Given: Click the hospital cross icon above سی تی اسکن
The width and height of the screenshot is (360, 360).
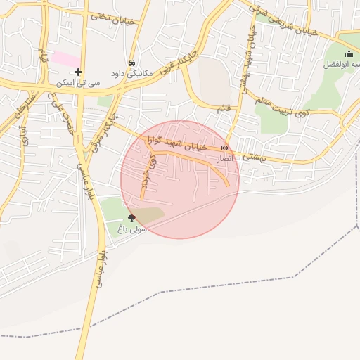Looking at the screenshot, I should pos(78,72).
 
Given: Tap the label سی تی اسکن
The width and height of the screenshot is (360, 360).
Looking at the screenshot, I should pos(79,83).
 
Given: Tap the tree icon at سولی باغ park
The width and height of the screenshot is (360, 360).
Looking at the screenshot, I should pos(131,218).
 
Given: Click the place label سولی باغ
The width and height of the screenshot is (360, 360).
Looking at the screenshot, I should pos(131,229).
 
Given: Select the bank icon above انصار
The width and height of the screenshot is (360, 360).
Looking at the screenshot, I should pos(225,148).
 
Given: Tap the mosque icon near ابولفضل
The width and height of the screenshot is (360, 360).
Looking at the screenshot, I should pos(349,54).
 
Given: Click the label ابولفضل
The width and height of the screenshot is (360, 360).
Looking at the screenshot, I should pos(340,65).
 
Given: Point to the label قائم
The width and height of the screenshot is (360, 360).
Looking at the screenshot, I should pos(224,106).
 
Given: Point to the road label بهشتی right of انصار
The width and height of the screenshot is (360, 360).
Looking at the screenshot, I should pos(251,157).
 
